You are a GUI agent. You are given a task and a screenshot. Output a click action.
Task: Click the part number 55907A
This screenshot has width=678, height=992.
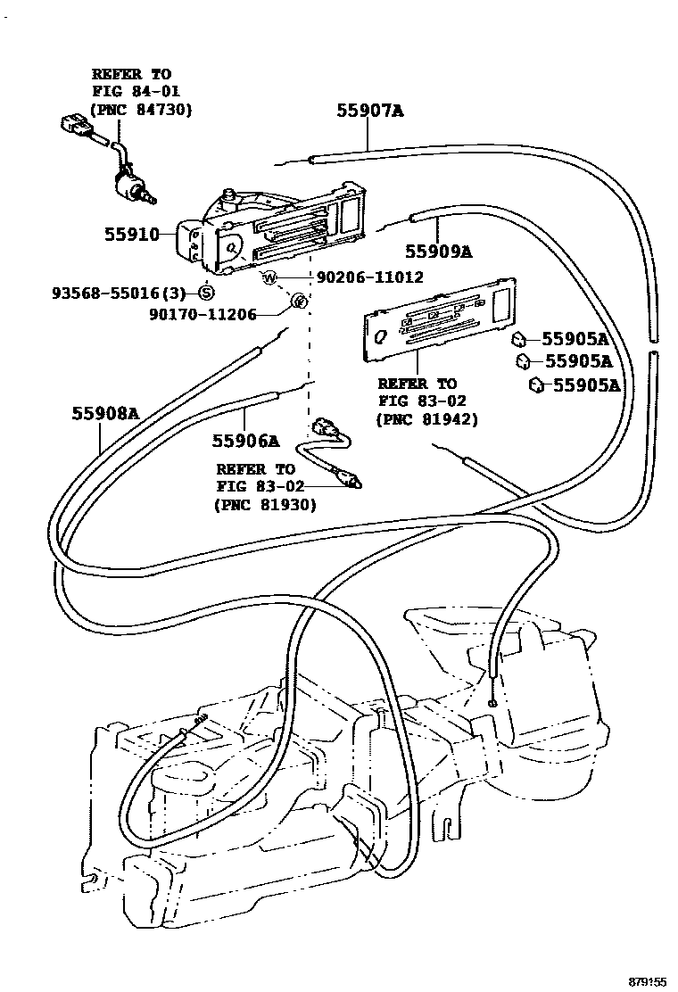[x=370, y=111]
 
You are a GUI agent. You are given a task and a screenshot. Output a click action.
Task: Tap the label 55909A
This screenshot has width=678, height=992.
[x=438, y=252]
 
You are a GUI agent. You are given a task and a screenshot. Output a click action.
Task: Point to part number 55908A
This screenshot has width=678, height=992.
[x=106, y=413]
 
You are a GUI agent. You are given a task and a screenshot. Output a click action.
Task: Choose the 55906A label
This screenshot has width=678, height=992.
[x=245, y=440]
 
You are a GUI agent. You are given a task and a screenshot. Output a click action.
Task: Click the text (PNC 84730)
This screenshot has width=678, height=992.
[x=141, y=109]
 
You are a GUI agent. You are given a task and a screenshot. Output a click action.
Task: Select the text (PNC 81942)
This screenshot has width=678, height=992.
[x=426, y=418]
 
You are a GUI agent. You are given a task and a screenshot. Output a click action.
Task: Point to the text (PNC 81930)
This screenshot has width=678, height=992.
[x=265, y=504]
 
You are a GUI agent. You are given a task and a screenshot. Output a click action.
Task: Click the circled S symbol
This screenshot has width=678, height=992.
[x=206, y=292]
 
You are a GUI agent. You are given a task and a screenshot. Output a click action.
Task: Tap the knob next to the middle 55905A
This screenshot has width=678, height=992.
[x=524, y=361]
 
